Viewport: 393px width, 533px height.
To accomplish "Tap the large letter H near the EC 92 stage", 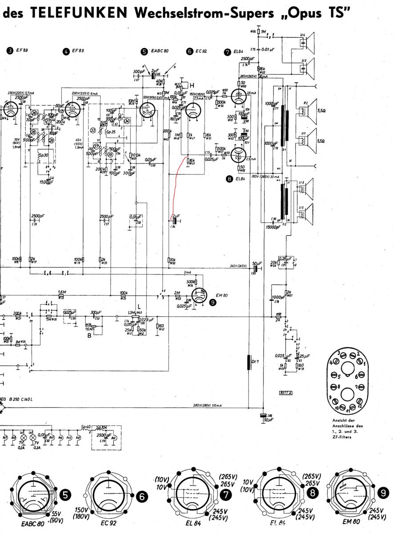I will pos(192,84).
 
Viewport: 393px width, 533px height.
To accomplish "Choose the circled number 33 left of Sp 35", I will pos(93,130).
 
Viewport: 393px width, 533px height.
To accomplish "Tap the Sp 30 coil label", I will pos(44,156).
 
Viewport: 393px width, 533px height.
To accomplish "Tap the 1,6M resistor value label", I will pos(62,292).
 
